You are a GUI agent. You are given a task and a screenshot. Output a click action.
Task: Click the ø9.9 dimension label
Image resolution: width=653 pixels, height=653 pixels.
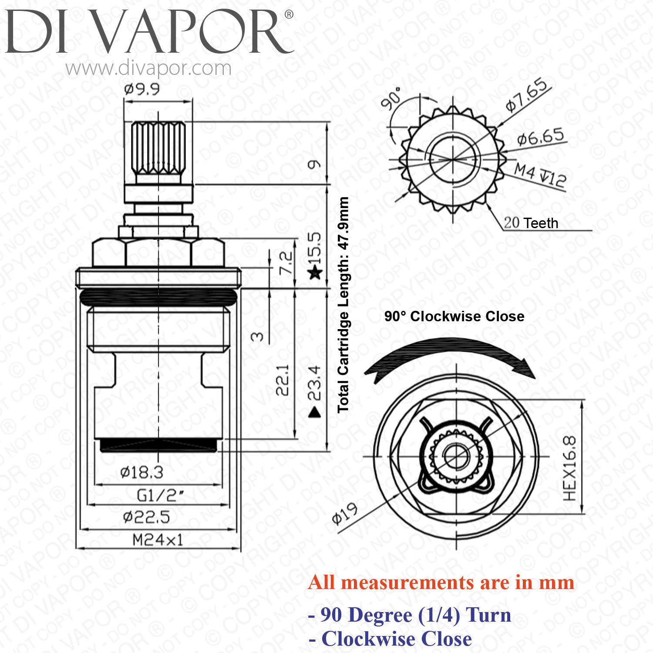point(142,89)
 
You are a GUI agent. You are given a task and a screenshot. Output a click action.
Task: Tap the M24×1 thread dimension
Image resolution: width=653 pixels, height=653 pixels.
point(158,540)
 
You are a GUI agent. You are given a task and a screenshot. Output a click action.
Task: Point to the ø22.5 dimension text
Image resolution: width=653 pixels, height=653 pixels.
point(146,517)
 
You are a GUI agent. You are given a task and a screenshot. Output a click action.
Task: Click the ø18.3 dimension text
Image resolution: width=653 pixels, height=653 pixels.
point(141,472)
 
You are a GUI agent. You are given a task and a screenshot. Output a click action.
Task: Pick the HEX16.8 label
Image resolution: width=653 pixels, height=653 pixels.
point(570,468)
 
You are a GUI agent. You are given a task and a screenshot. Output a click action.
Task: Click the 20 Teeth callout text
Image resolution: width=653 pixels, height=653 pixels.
point(531,223)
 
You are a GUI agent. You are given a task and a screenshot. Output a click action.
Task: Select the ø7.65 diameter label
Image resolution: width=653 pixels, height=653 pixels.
point(527,95)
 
